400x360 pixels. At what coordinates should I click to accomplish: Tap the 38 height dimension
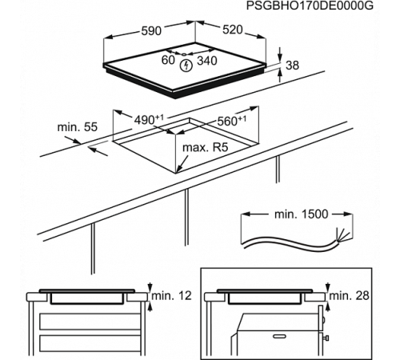291,66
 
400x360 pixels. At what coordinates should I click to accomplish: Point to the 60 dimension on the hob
168,60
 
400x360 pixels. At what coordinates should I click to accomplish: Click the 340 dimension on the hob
207,60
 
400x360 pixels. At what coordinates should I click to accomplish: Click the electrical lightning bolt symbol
186,62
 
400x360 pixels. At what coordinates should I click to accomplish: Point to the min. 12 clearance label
173,295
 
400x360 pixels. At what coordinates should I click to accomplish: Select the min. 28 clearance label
350,295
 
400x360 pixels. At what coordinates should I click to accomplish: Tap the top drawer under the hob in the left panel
88,319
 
